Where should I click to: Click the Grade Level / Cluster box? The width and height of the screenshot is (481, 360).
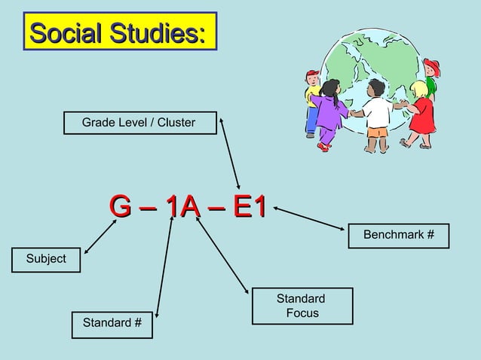click(x=139, y=122)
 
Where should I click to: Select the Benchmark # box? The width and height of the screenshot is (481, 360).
click(x=398, y=236)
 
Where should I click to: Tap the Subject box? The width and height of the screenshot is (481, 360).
click(x=46, y=259)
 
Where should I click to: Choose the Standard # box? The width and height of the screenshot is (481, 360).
click(x=112, y=324)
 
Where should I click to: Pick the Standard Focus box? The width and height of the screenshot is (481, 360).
click(x=302, y=306)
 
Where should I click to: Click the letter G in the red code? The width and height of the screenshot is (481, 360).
click(x=119, y=206)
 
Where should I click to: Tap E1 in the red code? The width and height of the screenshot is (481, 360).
click(x=250, y=206)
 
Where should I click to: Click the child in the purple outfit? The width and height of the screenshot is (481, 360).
click(x=330, y=113)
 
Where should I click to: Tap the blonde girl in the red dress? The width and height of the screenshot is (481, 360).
click(x=421, y=113)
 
